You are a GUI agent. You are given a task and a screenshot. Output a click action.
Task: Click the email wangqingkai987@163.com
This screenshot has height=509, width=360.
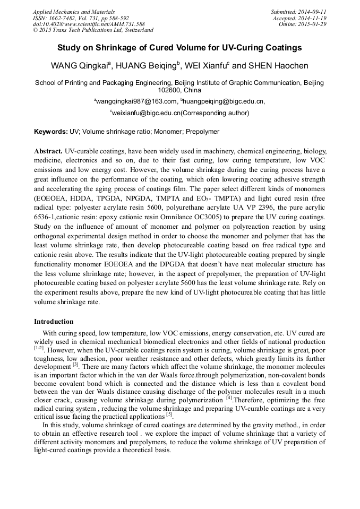[135, 101]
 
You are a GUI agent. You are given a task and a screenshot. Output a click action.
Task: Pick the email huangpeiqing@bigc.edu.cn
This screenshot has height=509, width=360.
[223, 101]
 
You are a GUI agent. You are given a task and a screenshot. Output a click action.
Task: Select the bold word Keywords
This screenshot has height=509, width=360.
[50, 131]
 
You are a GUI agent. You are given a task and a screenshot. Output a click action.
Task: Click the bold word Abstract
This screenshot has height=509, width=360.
[48, 151]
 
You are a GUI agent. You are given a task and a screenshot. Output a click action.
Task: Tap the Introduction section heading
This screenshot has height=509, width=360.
[54, 321]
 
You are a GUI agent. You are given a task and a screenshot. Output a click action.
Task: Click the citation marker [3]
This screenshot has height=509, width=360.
[76, 365]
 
